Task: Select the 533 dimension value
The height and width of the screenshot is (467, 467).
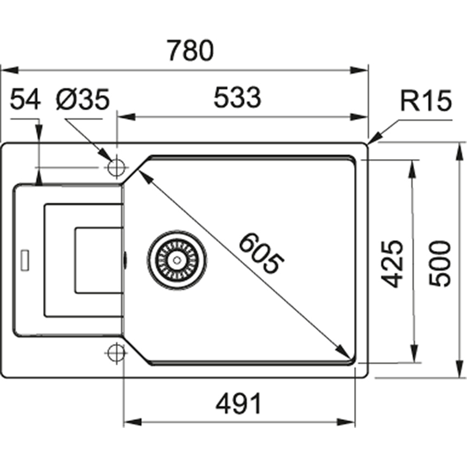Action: pos(237,98)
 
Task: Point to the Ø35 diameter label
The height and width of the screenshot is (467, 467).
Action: pos(83,99)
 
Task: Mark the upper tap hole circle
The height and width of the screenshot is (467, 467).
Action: pos(116,167)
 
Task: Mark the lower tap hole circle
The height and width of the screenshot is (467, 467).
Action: pos(116,353)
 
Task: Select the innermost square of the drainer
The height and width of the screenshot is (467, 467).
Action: pos(98,260)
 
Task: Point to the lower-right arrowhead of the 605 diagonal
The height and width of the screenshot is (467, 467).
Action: pos(345,352)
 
